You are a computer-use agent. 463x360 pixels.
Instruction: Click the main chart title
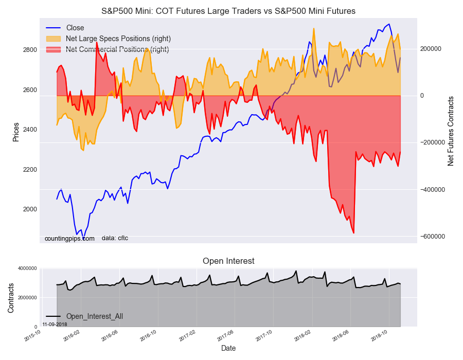[228, 11]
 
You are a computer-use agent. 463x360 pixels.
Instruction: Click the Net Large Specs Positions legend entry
[118, 39]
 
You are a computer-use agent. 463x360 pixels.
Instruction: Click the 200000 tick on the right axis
[433, 49]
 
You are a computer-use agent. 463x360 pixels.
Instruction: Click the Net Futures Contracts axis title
[451, 131]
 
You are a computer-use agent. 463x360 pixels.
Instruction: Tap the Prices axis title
[16, 132]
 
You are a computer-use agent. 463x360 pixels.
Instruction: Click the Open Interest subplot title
[228, 261]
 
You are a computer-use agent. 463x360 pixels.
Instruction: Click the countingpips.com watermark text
[69, 239]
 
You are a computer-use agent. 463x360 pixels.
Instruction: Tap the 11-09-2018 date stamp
[55, 324]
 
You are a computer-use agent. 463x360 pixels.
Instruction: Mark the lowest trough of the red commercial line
[353, 233]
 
